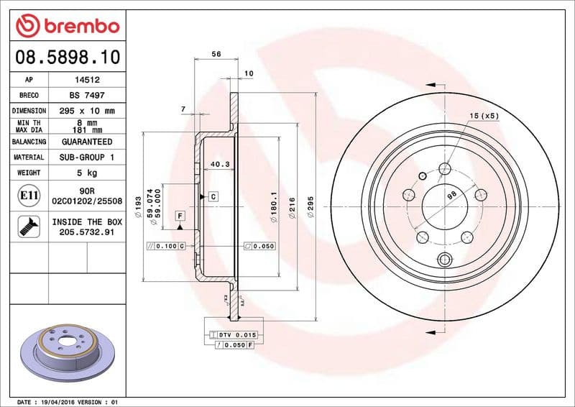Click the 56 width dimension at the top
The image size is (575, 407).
click(216, 54)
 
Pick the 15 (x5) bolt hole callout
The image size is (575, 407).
click(484, 116)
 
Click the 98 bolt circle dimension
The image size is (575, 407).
click(452, 196)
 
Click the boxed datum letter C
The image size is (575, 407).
click(213, 196)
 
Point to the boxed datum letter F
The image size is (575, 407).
click(180, 216)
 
